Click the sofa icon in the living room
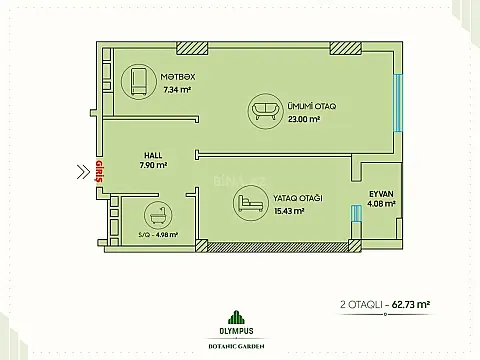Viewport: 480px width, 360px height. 265,109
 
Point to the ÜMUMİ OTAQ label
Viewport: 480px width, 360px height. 303,106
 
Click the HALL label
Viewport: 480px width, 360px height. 155,155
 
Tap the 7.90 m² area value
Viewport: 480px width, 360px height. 154,166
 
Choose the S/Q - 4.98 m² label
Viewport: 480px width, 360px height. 158,236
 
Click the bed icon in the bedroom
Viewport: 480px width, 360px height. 245,205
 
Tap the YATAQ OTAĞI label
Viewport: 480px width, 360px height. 295,199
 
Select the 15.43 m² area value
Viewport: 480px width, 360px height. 291,212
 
